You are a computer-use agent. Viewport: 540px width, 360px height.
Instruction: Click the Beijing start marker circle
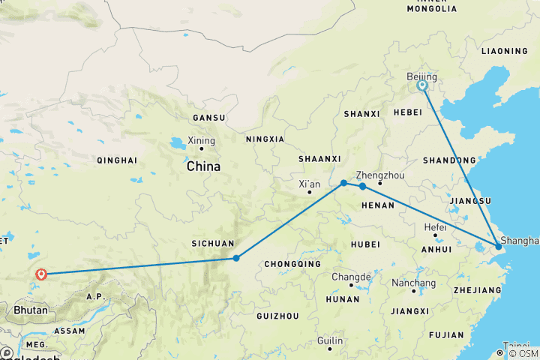[422, 85]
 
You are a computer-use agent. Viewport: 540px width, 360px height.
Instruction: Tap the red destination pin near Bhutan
[41, 275]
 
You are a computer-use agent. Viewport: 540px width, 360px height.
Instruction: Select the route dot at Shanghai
[499, 247]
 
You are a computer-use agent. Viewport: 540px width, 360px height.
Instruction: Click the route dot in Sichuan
[236, 258]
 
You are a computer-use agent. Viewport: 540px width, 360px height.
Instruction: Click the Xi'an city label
[309, 184]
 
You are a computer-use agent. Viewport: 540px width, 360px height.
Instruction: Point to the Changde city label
[351, 276]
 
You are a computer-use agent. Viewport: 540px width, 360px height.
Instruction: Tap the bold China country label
[203, 166]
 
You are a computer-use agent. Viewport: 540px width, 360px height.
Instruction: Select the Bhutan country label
[29, 310]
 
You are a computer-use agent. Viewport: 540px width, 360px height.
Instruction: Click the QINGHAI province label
[116, 160]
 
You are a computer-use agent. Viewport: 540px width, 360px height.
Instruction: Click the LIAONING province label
[505, 51]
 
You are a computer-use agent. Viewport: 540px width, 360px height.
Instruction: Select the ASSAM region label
[70, 330]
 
